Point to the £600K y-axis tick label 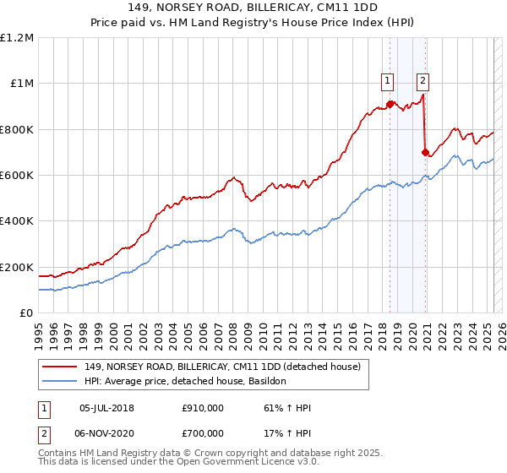click(x=17, y=176)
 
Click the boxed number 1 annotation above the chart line click(x=387, y=81)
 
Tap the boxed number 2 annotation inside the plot click(x=422, y=81)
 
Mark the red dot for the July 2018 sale click(x=390, y=104)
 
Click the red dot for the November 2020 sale click(x=425, y=152)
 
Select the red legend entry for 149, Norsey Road click(x=223, y=367)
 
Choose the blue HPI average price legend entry click(x=186, y=381)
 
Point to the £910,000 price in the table click(x=203, y=408)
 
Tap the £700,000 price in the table click(x=203, y=432)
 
